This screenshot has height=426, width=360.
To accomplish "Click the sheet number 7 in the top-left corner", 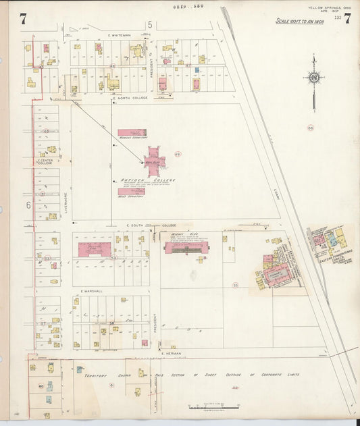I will click(23, 19).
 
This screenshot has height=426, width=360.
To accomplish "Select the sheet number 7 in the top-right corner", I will click(346, 18).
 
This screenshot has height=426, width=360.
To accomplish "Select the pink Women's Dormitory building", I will click(132, 133).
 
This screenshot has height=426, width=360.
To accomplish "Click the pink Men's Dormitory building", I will click(132, 192).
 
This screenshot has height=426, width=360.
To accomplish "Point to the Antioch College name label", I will click(138, 180).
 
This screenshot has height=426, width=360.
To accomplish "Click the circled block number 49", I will click(178, 154).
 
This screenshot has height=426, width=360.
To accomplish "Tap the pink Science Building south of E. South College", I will click(186, 248).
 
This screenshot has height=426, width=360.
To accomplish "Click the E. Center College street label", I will click(45, 162).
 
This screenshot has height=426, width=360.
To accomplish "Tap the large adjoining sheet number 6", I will click(29, 204).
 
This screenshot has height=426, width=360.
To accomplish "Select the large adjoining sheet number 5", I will click(150, 25).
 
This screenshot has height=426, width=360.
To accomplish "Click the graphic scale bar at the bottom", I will click(214, 407).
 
